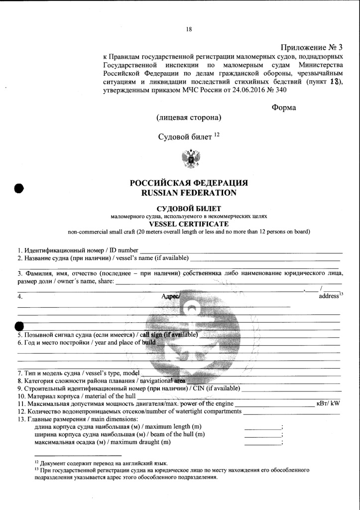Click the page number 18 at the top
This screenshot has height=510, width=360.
pos(189,29)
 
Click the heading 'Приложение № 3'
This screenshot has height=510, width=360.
pos(312,48)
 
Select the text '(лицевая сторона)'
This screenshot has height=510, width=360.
pos(189,118)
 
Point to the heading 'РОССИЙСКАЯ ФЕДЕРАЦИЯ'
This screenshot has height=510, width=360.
pos(189,183)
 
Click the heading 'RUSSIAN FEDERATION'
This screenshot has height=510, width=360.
pos(189,192)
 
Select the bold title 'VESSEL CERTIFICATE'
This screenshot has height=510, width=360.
pos(189,224)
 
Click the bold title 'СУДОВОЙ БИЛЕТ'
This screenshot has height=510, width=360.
pos(189,208)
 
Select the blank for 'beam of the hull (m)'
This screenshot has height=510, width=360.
pos(262,436)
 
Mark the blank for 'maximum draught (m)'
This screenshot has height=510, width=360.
pos(262,444)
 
